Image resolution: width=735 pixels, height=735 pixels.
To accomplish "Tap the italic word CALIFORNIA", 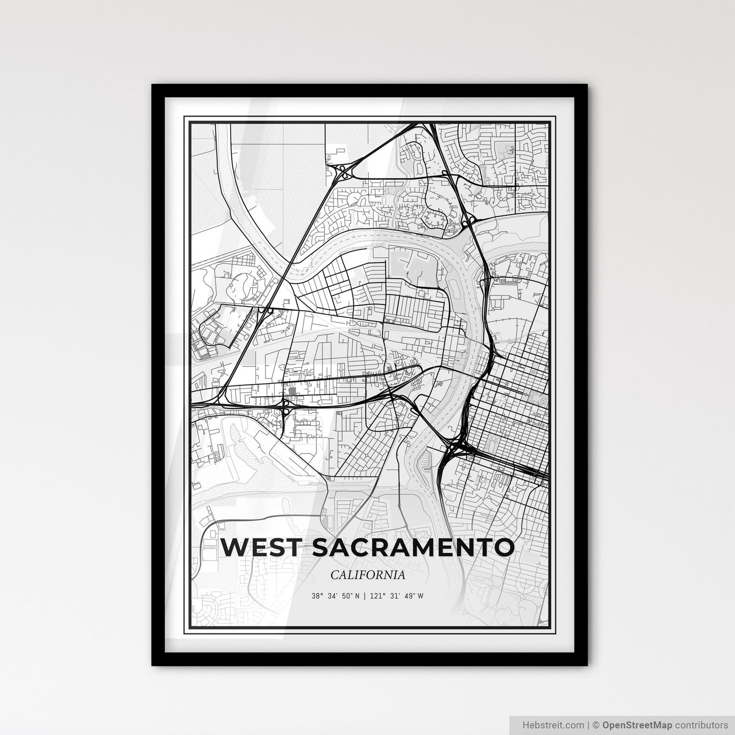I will point(368,575).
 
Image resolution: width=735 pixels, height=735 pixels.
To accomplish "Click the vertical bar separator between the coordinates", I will point(364,596).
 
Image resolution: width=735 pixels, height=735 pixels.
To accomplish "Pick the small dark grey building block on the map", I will point(292,391).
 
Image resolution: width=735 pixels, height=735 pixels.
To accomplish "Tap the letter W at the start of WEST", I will point(233,548).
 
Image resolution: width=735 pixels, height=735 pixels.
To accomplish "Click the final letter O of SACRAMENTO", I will point(503,548).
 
